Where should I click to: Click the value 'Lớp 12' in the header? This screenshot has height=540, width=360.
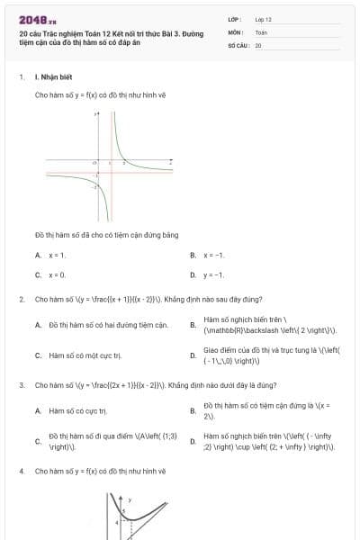[263, 18]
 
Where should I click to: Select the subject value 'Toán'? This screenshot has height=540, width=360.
[261, 31]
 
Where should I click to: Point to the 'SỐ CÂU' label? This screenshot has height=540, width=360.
[239, 45]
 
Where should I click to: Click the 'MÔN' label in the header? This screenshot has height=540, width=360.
[236, 31]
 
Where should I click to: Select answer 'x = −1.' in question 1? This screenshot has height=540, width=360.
[213, 256]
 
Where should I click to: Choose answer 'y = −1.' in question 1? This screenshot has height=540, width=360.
[213, 274]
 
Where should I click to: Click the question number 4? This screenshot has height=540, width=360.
[21, 471]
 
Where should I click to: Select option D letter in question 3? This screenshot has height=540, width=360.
[193, 442]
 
